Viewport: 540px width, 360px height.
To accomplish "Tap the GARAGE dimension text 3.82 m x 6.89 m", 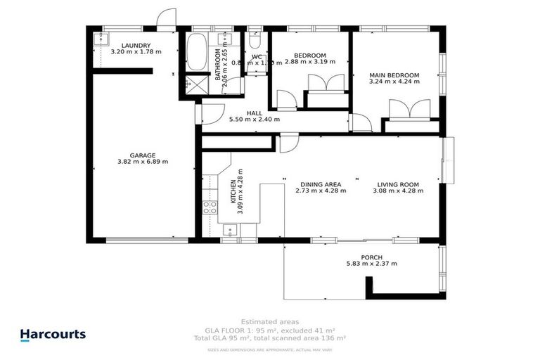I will coord(142,162).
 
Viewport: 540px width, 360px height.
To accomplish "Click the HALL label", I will coord(254,112).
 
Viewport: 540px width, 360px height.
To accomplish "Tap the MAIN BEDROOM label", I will coord(394,75).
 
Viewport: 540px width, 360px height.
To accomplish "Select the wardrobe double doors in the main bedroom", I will coord(409,109).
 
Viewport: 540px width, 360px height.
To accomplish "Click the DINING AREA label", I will coord(321,184).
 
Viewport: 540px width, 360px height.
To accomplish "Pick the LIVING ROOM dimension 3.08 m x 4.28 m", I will coord(399,191).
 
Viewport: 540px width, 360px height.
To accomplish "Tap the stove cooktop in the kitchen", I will coord(210,207).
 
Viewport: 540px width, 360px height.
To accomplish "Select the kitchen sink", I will coord(231,229).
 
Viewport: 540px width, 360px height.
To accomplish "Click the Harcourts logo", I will coord(53,335).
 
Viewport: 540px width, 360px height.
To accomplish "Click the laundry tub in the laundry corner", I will coord(98,39).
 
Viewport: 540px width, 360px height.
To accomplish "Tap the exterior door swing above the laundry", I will coord(166,20).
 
